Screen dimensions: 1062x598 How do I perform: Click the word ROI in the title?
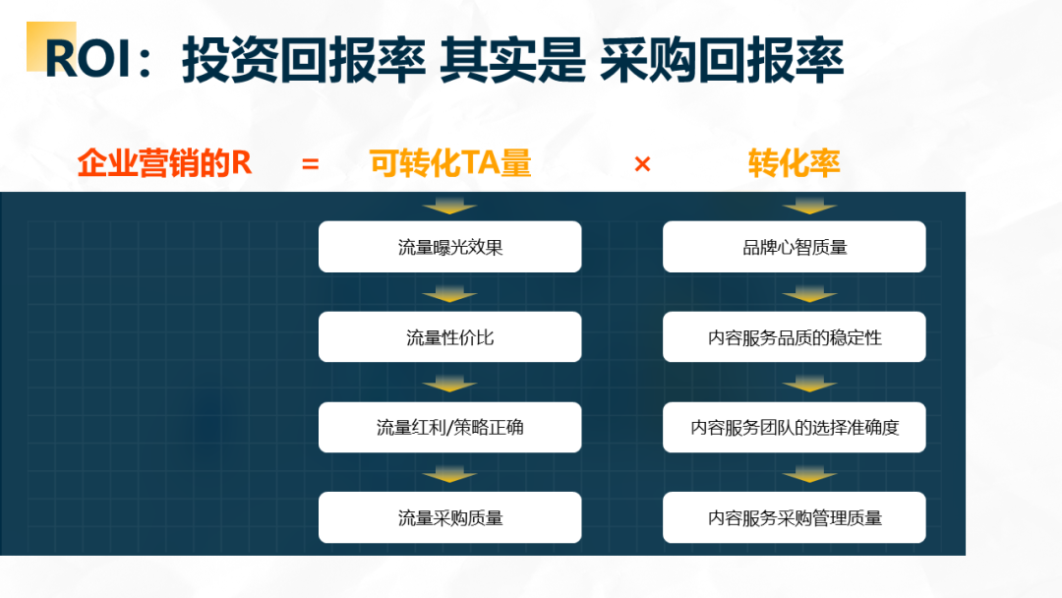point(88,59)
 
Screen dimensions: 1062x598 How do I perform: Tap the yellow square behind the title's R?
point(51,46)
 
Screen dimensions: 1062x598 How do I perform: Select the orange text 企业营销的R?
point(164,163)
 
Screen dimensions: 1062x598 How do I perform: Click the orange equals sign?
point(310,164)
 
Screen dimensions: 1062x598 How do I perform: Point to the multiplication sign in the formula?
point(642,164)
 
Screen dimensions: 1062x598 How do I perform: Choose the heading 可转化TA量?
point(450,163)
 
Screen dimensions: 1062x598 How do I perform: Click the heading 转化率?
point(794,163)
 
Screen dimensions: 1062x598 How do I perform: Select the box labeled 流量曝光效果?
point(449,247)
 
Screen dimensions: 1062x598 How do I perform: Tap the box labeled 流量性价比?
point(449,336)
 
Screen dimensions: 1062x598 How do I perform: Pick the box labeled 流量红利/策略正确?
point(449,427)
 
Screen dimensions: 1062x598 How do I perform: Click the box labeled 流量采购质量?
point(449,517)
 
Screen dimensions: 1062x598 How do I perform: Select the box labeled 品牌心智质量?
point(794,247)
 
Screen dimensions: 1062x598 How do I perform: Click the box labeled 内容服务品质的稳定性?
point(794,336)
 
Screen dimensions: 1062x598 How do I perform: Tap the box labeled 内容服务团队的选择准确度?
point(794,427)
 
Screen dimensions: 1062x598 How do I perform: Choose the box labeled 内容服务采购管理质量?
point(794,517)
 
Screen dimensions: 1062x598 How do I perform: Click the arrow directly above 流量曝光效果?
point(449,207)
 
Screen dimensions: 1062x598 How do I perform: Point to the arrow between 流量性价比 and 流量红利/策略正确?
point(449,385)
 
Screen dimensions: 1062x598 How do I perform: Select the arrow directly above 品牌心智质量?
point(809,207)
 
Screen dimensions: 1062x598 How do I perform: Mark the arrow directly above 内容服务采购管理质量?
point(809,475)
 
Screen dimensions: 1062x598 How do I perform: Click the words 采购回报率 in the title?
point(722,60)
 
